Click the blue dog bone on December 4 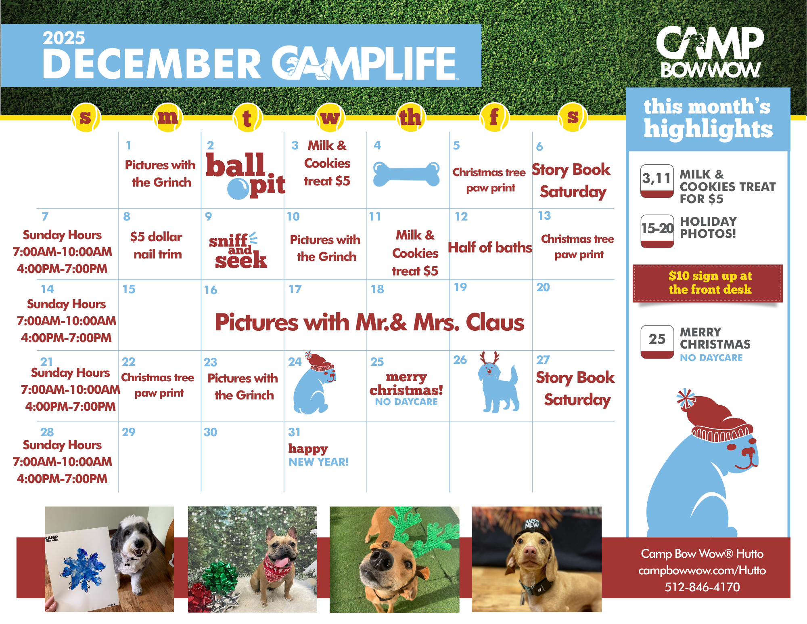[406, 174]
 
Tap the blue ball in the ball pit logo [238, 189]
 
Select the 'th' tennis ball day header [410, 117]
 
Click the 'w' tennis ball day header [330, 117]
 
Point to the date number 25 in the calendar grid [377, 361]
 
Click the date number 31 [294, 432]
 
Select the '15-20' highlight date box [657, 231]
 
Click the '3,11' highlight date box [657, 181]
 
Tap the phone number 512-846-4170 [702, 587]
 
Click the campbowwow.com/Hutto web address [702, 570]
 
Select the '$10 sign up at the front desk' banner [708, 283]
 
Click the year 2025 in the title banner [64, 38]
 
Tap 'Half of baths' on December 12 [490, 247]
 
